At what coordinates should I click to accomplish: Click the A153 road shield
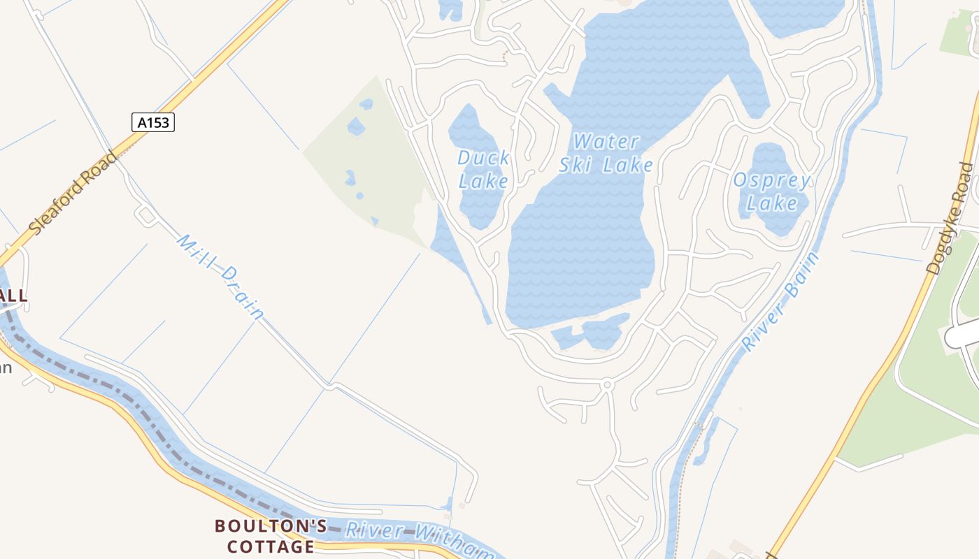[152, 123]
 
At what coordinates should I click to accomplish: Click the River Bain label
[780, 302]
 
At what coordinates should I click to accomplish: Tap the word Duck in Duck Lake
[483, 158]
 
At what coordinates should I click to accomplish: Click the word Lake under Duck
[483, 182]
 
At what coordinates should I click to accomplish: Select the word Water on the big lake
[606, 143]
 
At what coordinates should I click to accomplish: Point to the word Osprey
[772, 180]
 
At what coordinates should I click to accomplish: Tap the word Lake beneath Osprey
[772, 203]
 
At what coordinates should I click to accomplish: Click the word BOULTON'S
[270, 525]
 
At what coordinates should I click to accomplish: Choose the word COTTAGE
[271, 546]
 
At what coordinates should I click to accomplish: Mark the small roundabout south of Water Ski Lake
[607, 384]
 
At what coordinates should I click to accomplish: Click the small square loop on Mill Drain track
[147, 215]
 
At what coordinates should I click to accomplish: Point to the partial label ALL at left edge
[13, 296]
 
